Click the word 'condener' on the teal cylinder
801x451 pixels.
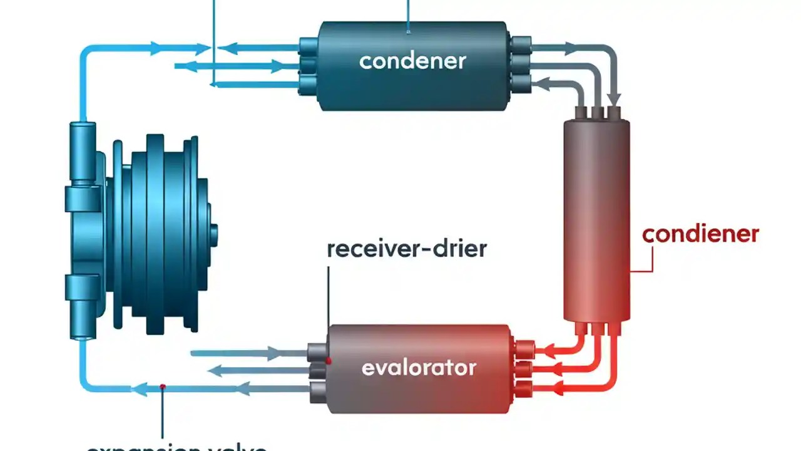tap(412, 61)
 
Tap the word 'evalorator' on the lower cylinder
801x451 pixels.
tap(419, 367)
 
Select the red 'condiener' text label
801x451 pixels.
tap(700, 234)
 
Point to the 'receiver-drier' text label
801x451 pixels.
tap(407, 249)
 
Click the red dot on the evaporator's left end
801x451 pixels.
tap(329, 361)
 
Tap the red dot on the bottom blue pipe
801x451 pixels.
tap(163, 387)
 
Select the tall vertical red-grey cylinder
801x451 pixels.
tap(596, 219)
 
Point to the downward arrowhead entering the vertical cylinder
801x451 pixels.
tap(615, 100)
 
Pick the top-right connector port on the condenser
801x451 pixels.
tap(521, 44)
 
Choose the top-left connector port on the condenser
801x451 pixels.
tap(308, 45)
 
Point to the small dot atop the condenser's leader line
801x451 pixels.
tap(409, 31)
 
